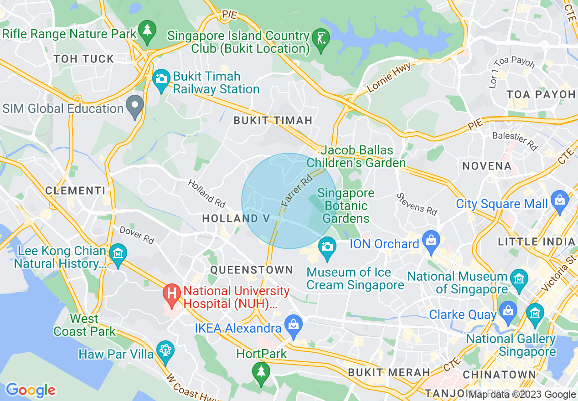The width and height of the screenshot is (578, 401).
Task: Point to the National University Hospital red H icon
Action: [x=172, y=293]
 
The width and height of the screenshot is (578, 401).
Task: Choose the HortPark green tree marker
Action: [x=261, y=372]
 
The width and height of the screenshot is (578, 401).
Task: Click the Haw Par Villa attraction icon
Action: [x=165, y=351]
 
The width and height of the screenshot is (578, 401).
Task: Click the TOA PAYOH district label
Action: [x=541, y=94]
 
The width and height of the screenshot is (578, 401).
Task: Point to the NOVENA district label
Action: [x=487, y=166]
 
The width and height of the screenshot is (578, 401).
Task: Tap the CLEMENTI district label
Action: [x=75, y=190]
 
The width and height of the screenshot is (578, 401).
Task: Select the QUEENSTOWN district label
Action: [x=252, y=270]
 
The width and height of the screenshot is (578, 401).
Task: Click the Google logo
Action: [x=31, y=390]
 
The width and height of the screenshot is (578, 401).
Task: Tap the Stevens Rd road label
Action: [x=417, y=204]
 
